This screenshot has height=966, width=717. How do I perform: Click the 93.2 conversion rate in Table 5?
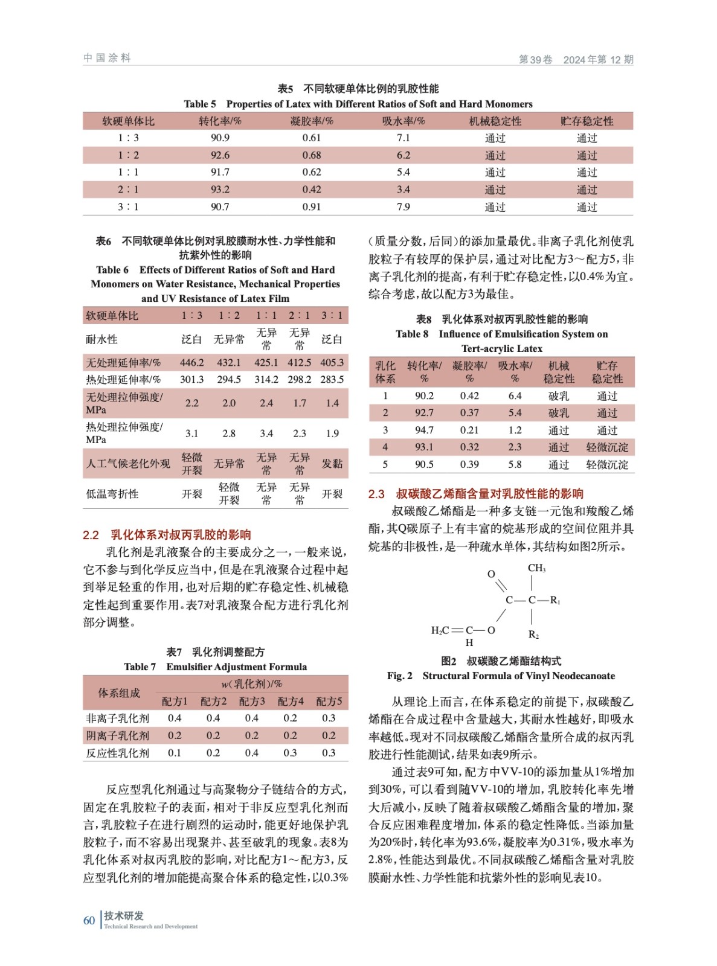pyautogui.click(x=220, y=190)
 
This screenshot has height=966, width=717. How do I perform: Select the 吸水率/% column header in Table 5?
pyautogui.click(x=403, y=121)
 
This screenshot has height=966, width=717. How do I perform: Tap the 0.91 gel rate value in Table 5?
pyautogui.click(x=312, y=206)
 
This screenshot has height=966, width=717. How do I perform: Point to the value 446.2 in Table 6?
pyautogui.click(x=191, y=363)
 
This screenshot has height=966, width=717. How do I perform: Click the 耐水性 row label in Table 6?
pyautogui.click(x=101, y=339)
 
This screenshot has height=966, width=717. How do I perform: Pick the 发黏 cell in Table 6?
pyautogui.click(x=332, y=464)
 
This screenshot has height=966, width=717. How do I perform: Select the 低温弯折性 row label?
pyautogui.click(x=112, y=494)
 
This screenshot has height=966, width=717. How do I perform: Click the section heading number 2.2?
pyautogui.click(x=91, y=535)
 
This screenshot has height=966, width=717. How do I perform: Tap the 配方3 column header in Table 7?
pyautogui.click(x=252, y=701)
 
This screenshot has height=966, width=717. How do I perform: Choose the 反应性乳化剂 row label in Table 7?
pyautogui.click(x=117, y=753)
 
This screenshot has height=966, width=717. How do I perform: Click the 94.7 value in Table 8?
pyautogui.click(x=424, y=430)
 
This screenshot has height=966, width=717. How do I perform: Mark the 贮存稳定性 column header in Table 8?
pyautogui.click(x=607, y=372)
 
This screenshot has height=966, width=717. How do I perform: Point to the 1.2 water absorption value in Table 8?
pyautogui.click(x=515, y=430)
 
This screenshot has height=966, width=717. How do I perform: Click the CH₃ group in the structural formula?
pyautogui.click(x=536, y=568)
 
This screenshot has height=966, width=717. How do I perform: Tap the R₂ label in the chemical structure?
pyautogui.click(x=533, y=635)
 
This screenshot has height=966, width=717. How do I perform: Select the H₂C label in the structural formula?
pyautogui.click(x=440, y=630)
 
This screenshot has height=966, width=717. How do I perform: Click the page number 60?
pyautogui.click(x=89, y=921)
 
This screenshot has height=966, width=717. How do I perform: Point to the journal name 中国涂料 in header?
pyautogui.click(x=107, y=58)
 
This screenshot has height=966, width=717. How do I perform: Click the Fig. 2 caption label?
pyautogui.click(x=399, y=676)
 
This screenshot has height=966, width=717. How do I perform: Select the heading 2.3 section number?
pyautogui.click(x=376, y=494)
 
